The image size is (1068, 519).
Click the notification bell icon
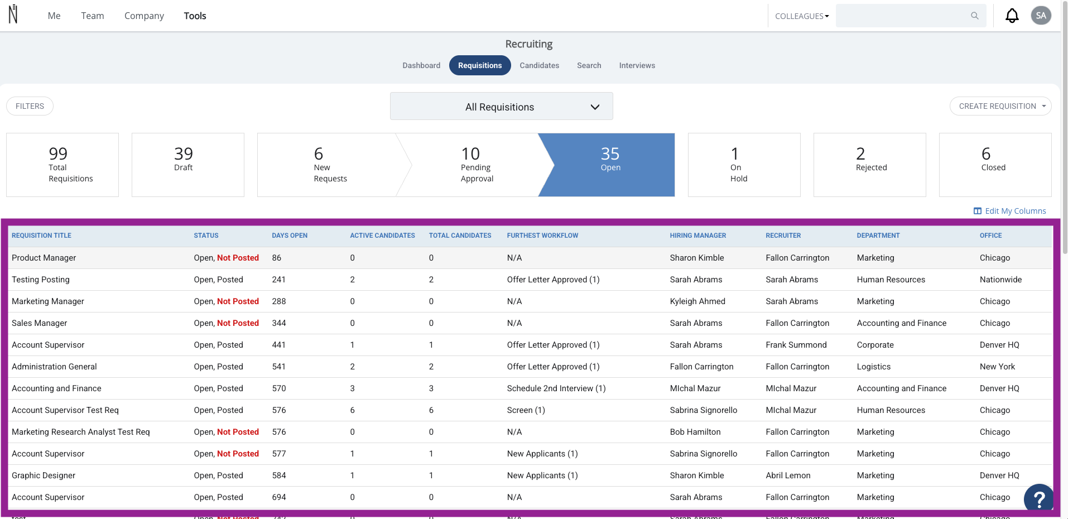[1012, 16]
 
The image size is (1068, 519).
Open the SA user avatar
[1041, 16]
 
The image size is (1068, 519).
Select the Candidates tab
[539, 65]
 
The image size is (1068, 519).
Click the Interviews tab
[637, 65]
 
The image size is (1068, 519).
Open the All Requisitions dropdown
[501, 106]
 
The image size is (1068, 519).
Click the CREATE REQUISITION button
[1000, 106]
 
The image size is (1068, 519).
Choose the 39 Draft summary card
[187, 165]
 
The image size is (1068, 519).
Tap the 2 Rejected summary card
[869, 165]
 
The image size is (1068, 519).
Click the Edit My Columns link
[1009, 211]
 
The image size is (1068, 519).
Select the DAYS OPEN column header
[290, 236]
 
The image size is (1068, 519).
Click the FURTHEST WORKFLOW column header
[542, 236]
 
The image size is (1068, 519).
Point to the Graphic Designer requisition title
[44, 475]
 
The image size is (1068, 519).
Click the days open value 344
[279, 323]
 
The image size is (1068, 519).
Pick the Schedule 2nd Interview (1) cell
[556, 388]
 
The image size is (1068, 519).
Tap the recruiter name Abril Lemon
[788, 475]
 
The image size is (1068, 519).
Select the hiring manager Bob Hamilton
[695, 432]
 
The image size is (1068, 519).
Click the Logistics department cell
[874, 367]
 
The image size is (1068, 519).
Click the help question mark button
[1038, 498]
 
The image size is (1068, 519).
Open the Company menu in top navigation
[144, 16]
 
